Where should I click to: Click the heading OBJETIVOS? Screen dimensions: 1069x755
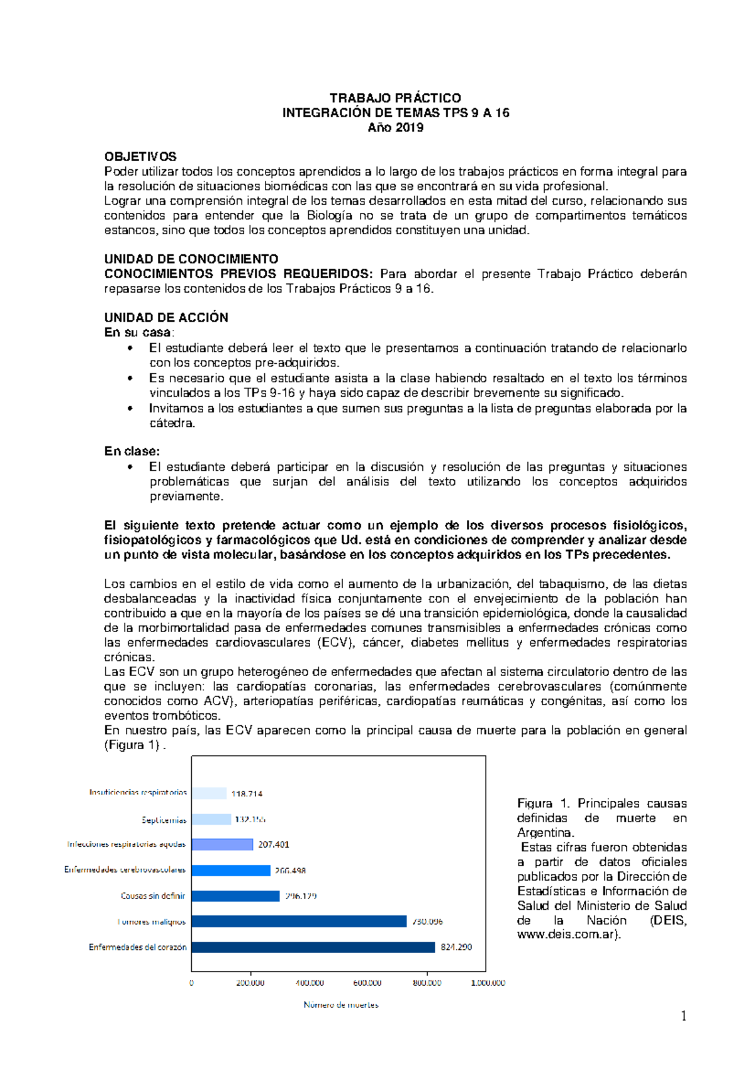coord(140,157)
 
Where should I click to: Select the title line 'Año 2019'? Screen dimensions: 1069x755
coord(395,128)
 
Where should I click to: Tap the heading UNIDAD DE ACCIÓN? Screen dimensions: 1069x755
coord(166,317)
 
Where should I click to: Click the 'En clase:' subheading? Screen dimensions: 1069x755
coord(132,451)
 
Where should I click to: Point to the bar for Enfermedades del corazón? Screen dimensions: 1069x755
coord(313,947)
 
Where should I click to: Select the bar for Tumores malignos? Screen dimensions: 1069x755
coord(299,921)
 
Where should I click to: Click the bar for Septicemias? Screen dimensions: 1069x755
coord(211,819)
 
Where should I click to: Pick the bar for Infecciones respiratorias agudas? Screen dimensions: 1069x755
coord(223,844)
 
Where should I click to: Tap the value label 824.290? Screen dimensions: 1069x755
coord(456,947)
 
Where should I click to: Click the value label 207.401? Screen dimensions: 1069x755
coord(274,844)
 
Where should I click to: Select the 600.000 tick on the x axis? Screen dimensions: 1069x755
coord(367,983)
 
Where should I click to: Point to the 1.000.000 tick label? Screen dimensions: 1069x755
coord(488,983)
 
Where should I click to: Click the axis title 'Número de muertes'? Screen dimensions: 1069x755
coord(341,1005)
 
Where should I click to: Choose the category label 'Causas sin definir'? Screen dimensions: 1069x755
coord(153,895)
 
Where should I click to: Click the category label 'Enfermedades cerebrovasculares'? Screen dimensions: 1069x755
coord(125,869)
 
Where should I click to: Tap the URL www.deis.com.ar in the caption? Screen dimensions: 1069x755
coord(566,935)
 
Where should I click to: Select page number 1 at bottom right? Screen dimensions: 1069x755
coord(683,1016)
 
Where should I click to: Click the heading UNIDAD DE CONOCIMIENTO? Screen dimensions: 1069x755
coord(191,259)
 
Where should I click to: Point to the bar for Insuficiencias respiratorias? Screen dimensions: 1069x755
coord(209,793)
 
